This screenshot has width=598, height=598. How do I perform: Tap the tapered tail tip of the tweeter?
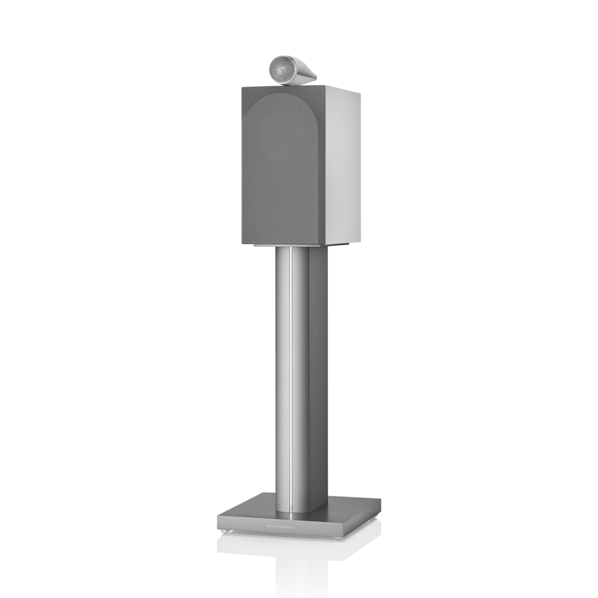(316, 77)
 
